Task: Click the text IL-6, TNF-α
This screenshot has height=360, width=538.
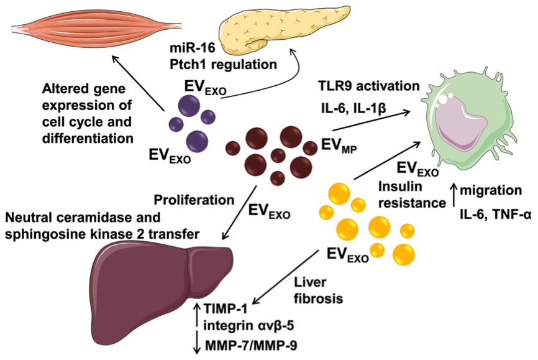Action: (491, 215)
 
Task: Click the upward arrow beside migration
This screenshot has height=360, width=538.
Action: (454, 194)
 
